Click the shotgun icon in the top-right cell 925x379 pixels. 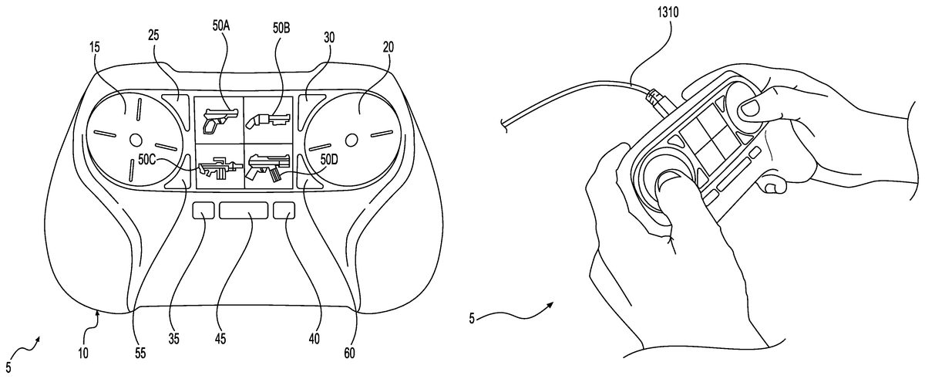click(x=267, y=118)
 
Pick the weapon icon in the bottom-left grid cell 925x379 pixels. click(x=219, y=168)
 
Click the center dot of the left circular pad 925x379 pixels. click(x=136, y=140)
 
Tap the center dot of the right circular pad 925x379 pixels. click(x=351, y=140)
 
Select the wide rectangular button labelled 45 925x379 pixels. click(x=244, y=211)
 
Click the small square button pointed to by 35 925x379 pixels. click(x=204, y=211)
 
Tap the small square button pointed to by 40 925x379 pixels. click(x=284, y=211)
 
